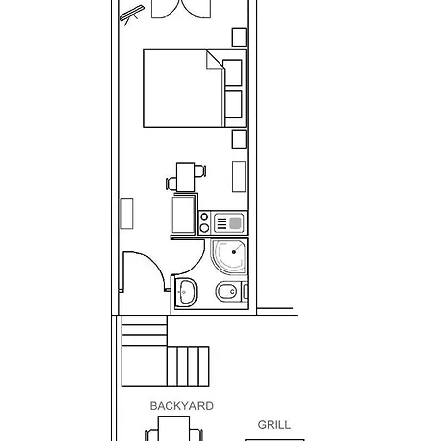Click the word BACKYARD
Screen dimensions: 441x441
coord(181,405)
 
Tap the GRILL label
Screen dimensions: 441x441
coord(273,425)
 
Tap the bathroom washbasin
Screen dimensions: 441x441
coord(186,290)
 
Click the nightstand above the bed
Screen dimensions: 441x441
coord(239,37)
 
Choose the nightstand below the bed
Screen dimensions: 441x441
coord(239,138)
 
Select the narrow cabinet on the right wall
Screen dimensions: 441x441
coord(239,175)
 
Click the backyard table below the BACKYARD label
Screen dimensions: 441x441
coord(174,429)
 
